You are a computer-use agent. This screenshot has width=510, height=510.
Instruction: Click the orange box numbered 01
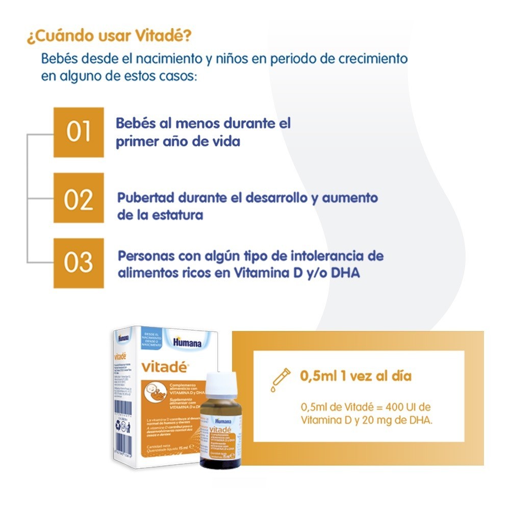pyautogui.click(x=79, y=132)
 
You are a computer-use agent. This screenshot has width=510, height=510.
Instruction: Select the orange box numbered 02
pyautogui.click(x=79, y=198)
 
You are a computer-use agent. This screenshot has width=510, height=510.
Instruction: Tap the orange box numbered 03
pyautogui.click(x=79, y=263)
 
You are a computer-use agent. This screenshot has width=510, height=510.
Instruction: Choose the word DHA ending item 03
pyautogui.click(x=346, y=273)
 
